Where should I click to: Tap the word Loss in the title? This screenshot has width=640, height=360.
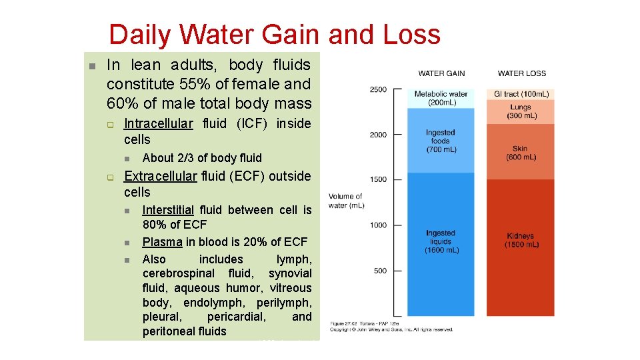point(411,35)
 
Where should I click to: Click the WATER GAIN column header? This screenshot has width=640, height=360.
point(441,73)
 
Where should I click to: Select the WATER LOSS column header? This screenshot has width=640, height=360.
point(521,73)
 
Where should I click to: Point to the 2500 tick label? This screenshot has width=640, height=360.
point(378,89)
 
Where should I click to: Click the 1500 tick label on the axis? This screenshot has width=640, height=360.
point(378,179)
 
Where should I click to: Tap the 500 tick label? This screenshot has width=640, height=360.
point(379,271)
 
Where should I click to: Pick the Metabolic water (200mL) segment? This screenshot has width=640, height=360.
point(441,98)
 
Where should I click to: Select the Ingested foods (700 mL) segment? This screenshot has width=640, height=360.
point(441,141)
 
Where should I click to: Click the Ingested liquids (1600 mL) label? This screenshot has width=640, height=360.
point(441,241)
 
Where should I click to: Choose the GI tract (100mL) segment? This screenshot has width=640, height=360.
point(521,94)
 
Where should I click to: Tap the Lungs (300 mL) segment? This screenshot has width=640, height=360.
point(521,111)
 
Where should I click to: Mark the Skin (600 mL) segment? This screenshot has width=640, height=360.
point(521,153)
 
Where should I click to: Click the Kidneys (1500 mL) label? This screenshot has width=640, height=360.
point(521,240)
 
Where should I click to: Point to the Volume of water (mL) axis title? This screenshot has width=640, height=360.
point(345,201)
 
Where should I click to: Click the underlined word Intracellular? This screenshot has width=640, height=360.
point(159,123)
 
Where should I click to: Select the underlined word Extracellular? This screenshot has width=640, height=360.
point(161,176)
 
